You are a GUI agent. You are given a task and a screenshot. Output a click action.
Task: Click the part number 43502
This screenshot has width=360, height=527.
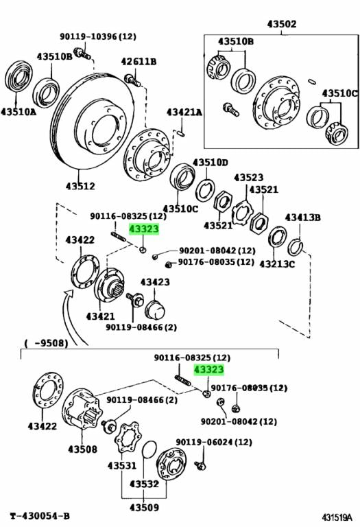[282, 24]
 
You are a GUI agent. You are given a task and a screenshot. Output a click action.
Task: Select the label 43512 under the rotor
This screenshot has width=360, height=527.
[80, 185]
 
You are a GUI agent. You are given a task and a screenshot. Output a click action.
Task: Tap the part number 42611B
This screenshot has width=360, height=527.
[139, 62]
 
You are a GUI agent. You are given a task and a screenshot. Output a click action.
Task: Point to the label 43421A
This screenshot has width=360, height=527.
[184, 112]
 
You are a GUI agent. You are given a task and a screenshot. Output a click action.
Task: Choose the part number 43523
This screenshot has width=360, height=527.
[248, 177]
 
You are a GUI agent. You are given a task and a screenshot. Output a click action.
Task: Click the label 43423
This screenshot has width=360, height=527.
[155, 282]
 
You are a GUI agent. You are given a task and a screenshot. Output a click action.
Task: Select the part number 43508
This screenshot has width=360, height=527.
[82, 450]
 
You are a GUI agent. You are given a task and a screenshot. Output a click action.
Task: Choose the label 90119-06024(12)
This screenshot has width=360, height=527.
[214, 443]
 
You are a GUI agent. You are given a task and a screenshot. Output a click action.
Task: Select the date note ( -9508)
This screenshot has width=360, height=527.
[46, 343]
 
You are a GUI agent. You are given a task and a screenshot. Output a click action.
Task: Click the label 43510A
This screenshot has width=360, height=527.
[18, 109]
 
